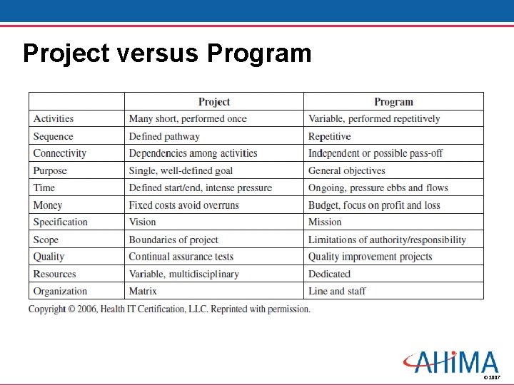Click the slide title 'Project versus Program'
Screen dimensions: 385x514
point(167,53)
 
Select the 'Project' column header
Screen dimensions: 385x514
point(214,102)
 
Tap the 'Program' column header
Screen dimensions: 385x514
point(393,102)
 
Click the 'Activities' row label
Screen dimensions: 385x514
point(54,119)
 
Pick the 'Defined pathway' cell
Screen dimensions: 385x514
point(164,136)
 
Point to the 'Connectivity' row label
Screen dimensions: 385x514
point(60,153)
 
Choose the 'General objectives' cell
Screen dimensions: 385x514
point(346,170)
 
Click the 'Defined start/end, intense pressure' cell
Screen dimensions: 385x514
point(200,188)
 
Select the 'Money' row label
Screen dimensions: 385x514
point(48,205)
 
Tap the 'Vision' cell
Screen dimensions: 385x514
point(142,222)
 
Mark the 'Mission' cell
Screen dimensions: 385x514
point(325,222)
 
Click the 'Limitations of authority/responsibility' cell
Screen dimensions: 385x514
point(387,240)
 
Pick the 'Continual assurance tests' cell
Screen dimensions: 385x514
point(181,257)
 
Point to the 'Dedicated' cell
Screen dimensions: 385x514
point(329,274)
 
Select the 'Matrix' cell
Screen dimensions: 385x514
point(143,291)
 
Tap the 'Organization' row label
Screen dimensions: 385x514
point(60,291)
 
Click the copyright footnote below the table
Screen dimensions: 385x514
point(169,309)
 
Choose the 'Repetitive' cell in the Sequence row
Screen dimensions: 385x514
point(329,136)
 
